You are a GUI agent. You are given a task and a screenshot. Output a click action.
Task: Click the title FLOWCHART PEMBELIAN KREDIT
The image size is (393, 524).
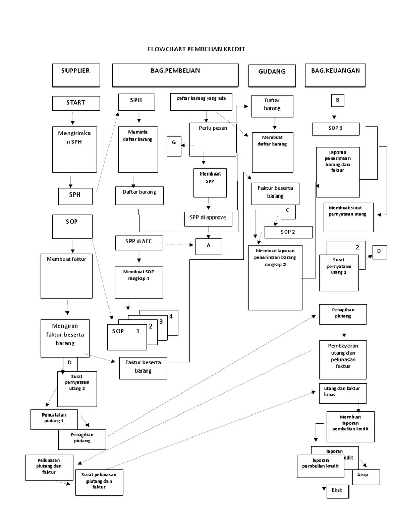point(196,49)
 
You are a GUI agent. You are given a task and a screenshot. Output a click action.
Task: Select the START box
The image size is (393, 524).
point(75,103)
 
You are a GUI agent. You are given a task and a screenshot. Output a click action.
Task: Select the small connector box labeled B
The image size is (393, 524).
point(337,101)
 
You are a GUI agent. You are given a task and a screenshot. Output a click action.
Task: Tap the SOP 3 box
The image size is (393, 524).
point(336,128)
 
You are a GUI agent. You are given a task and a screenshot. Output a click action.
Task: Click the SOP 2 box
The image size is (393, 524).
point(288,232)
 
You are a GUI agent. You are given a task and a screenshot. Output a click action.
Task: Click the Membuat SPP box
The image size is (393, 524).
point(209,183)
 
